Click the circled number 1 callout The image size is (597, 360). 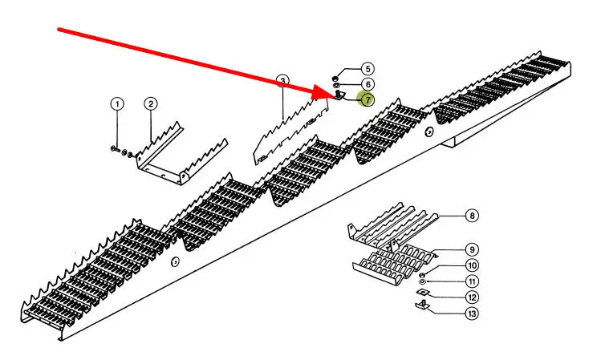(118, 104)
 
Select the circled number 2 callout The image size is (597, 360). (150, 104)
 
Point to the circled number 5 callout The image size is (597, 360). (367, 70)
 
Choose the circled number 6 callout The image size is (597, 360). (367, 84)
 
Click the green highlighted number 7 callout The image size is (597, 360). (367, 99)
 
